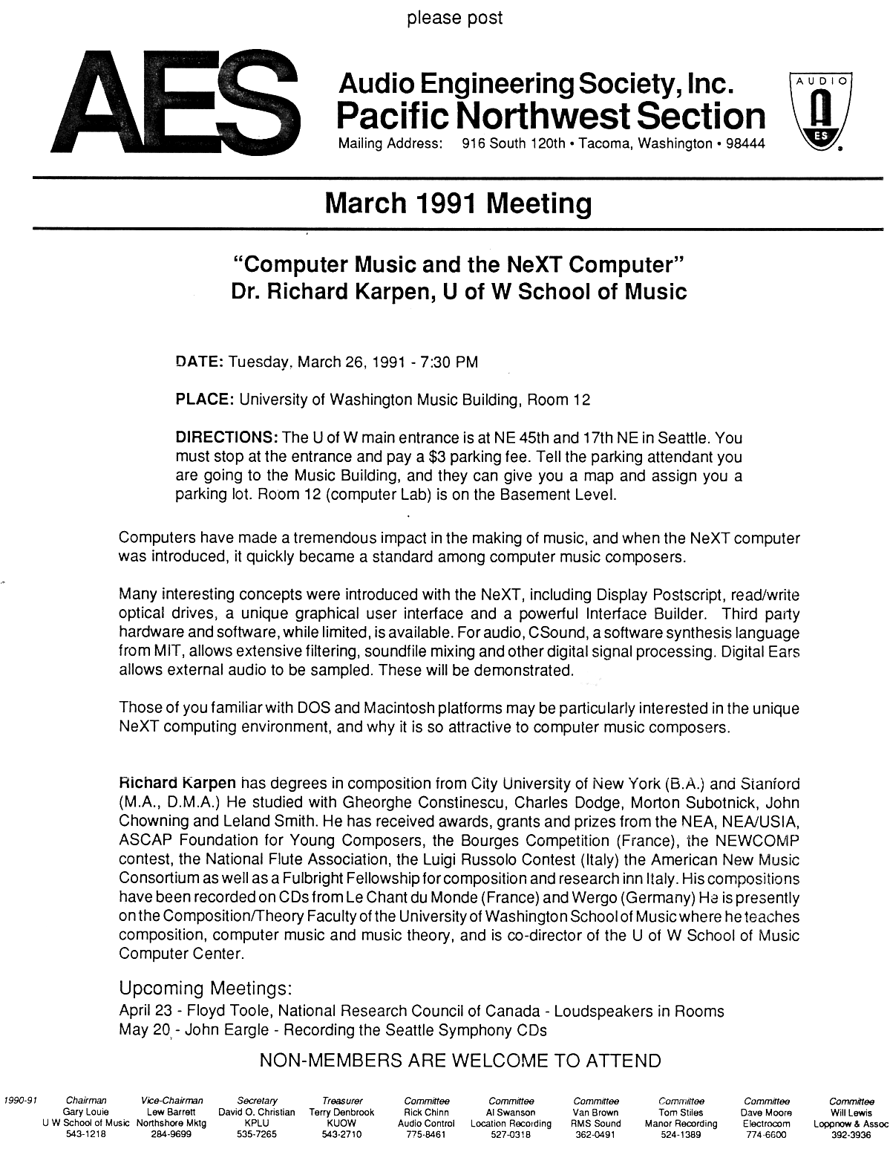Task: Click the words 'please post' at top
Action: pos(454,17)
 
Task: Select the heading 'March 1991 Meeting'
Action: pos(458,203)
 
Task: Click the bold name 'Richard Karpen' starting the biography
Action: pos(178,783)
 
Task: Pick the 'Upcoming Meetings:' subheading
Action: pos(206,989)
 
